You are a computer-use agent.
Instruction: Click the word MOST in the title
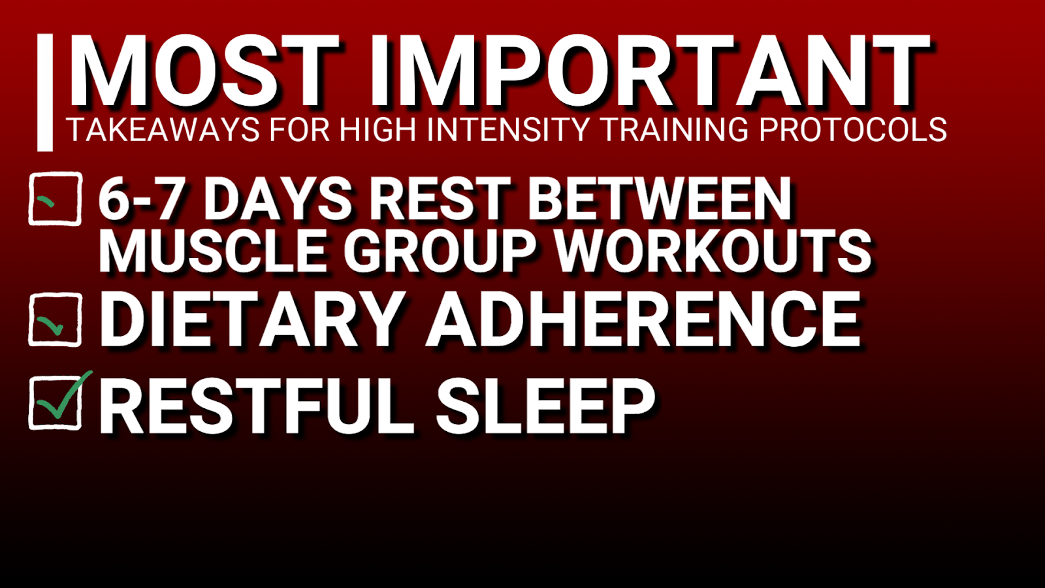[x=204, y=71]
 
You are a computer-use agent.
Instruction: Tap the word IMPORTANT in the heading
[x=649, y=71]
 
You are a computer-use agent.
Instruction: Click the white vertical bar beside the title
[x=45, y=92]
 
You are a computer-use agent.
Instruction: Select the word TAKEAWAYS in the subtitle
[x=163, y=129]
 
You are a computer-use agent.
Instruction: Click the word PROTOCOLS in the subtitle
[x=853, y=129]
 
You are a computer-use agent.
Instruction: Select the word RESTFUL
[x=255, y=406]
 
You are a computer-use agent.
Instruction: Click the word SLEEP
[x=545, y=406]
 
